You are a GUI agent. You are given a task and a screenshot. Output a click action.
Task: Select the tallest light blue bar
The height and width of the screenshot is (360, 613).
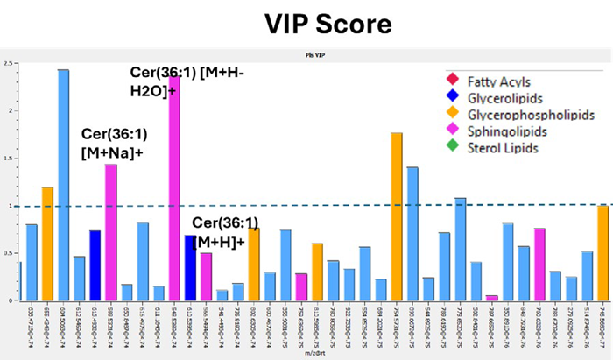64,184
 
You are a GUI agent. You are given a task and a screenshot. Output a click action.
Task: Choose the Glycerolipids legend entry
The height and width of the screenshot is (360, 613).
499,97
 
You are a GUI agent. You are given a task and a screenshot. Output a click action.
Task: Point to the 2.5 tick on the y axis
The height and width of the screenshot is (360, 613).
8,64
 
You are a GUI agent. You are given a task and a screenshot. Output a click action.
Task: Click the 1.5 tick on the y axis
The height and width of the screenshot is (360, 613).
8,159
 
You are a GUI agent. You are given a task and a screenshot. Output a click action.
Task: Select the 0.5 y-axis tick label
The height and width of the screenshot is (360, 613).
8,254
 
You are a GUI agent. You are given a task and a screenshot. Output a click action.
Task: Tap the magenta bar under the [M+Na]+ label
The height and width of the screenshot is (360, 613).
111,232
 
